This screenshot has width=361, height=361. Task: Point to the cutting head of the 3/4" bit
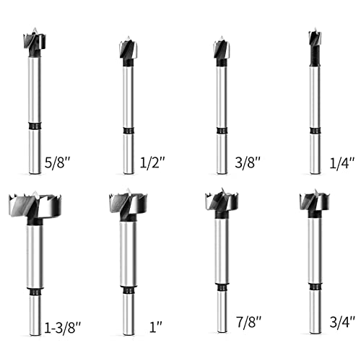point(312,204)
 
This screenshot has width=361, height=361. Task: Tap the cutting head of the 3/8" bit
point(219,50)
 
